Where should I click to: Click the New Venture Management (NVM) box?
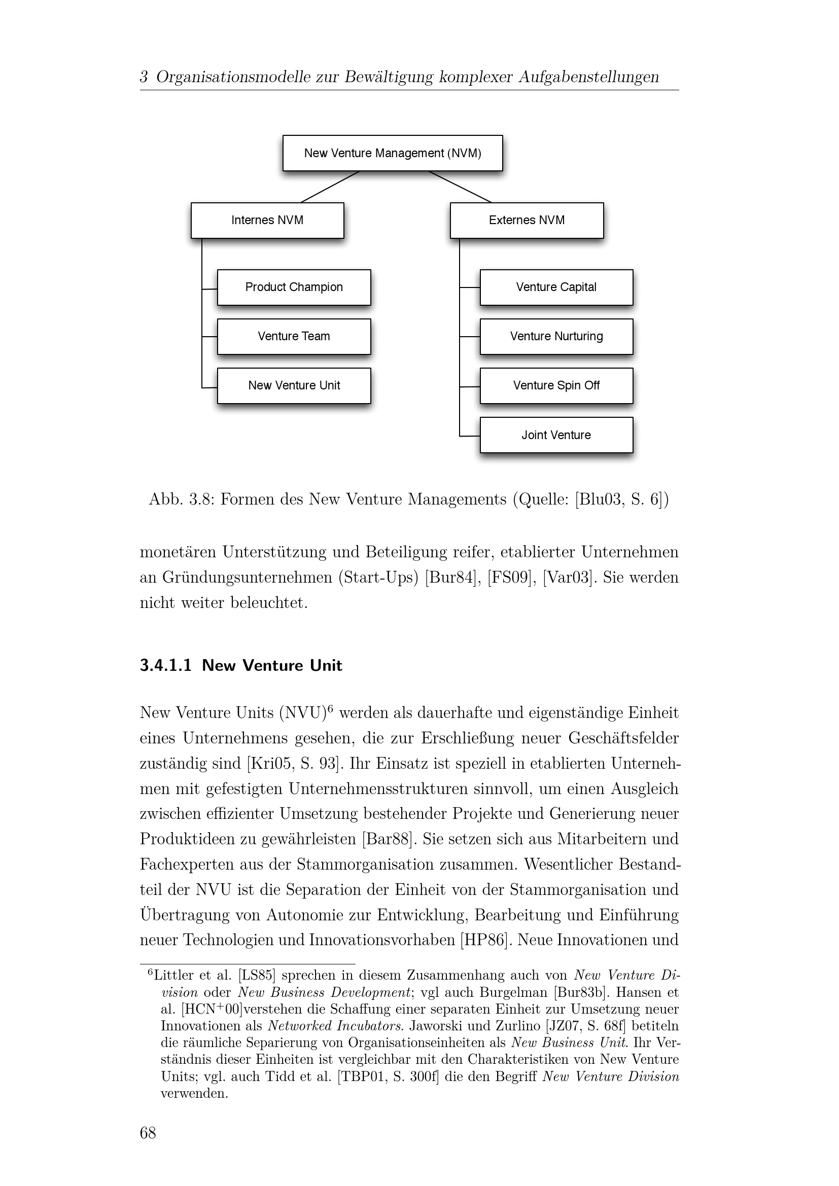coord(392,153)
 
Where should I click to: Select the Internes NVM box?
coord(267,220)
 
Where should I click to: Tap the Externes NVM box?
coord(527,220)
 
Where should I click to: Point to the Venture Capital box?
coord(556,287)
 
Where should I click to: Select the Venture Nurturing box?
coord(556,336)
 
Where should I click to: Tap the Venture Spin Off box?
coord(556,385)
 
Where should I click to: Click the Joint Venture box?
coord(556,435)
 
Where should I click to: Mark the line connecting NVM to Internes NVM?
coord(330,187)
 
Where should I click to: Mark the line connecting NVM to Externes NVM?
coord(460,187)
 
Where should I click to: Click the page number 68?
coord(148,1133)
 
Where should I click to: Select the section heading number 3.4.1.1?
coord(165,665)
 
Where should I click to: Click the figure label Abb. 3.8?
coord(181,499)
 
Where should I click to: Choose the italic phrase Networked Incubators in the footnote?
coord(335,1026)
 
